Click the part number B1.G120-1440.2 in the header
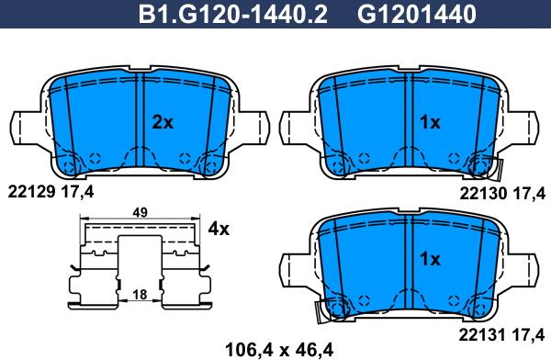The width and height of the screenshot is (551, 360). coord(233,15)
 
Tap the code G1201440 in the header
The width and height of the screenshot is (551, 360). coord(416,15)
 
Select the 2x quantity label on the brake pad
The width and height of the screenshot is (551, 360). coord(163,122)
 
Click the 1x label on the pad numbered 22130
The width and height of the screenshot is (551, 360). coord(430,122)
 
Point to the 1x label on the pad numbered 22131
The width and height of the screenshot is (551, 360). coord(430,260)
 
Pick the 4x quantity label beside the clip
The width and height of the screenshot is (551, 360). coord(219,230)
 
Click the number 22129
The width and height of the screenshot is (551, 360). coord(31,192)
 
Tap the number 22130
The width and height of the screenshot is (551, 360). coord(483,194)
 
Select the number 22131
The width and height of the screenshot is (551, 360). coord(482,334)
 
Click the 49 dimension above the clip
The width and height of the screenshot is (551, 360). coord(140,213)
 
